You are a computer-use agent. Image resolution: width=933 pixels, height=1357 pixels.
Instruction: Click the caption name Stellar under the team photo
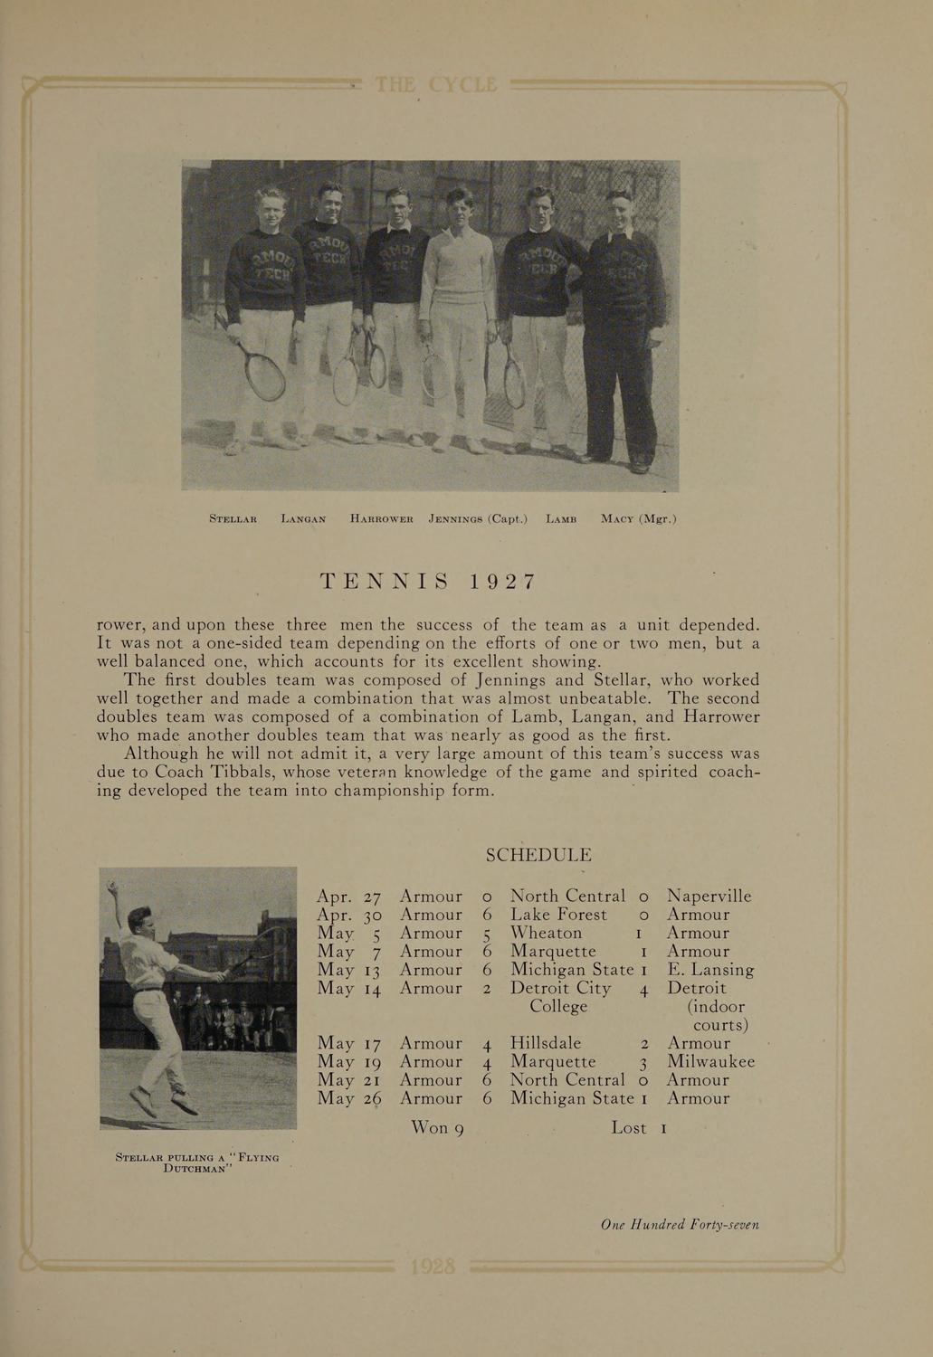coord(233,519)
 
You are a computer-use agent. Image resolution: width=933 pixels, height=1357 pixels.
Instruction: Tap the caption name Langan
coord(303,519)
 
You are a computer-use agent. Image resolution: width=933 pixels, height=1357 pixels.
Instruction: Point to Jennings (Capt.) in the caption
coord(478,519)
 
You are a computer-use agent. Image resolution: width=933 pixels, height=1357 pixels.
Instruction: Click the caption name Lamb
coord(561,519)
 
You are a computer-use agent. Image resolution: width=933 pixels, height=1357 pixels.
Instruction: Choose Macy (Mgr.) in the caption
coord(638,519)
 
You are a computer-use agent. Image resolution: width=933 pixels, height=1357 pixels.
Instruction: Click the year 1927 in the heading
coord(502,581)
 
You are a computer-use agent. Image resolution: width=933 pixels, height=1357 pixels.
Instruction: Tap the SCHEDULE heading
coord(539,855)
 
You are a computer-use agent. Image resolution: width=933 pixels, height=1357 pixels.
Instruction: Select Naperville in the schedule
coord(709,897)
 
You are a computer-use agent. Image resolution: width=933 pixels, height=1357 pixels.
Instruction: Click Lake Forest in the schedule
coord(558,915)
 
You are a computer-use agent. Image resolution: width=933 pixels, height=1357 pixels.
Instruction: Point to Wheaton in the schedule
coord(547,933)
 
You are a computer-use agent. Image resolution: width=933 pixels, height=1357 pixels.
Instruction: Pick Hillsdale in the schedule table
coord(546,1043)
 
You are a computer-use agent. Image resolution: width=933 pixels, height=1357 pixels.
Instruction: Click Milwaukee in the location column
coord(710,1061)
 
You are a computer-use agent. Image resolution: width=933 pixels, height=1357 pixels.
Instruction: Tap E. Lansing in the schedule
coord(710,970)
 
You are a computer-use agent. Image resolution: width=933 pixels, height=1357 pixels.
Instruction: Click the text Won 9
coord(437,1128)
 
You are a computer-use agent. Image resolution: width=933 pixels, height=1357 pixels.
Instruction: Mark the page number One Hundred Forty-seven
coord(680,1225)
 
